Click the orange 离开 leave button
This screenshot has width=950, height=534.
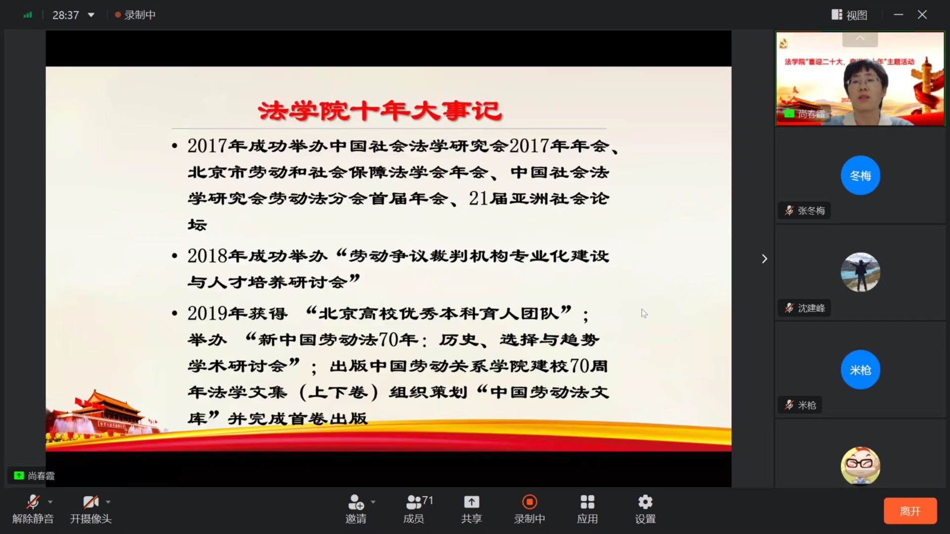coord(910,511)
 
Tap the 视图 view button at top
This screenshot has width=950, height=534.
coord(850,15)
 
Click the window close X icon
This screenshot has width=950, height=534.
coord(922,15)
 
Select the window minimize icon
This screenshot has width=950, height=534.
coord(899,15)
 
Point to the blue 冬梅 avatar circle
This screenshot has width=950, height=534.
coord(860,176)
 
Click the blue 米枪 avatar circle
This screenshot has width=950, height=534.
coord(860,370)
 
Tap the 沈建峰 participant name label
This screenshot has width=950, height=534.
coord(811,308)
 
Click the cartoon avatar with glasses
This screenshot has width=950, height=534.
coord(860,466)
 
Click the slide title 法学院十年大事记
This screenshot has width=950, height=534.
coord(380,110)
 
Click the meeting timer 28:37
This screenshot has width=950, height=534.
coord(66,15)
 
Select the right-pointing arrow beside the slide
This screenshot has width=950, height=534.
coord(764,259)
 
